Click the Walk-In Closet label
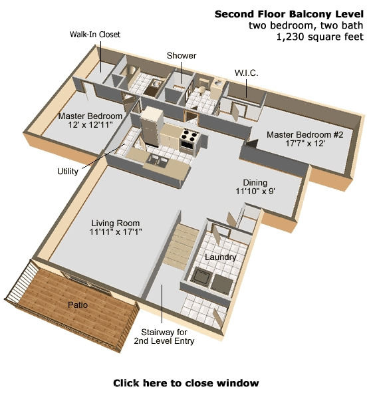95,35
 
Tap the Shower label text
182,55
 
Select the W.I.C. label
247,72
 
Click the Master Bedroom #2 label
305,134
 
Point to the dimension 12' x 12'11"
90,125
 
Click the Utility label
67,172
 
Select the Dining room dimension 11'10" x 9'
255,191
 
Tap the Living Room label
116,223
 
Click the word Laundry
220,257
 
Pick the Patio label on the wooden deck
78,305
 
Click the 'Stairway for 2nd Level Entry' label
164,336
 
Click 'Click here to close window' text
186,383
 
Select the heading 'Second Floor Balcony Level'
289,14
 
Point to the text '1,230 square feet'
320,37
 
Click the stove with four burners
189,140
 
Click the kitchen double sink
156,160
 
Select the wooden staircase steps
180,246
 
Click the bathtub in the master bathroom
130,72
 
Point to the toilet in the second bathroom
202,89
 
